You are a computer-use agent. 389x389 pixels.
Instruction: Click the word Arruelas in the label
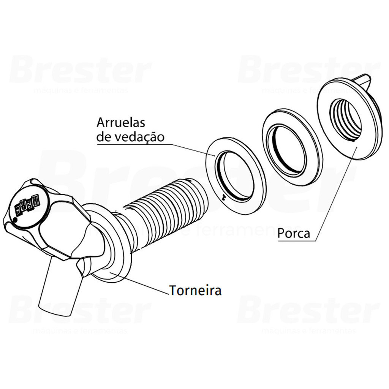point(121,122)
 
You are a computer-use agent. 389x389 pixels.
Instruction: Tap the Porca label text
point(293,233)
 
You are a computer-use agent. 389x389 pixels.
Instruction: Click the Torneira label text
point(195,291)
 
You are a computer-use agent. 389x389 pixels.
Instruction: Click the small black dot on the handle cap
point(15,220)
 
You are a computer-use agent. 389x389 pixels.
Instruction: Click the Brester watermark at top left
point(80,70)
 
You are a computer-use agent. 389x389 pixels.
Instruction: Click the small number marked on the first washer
point(224,197)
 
